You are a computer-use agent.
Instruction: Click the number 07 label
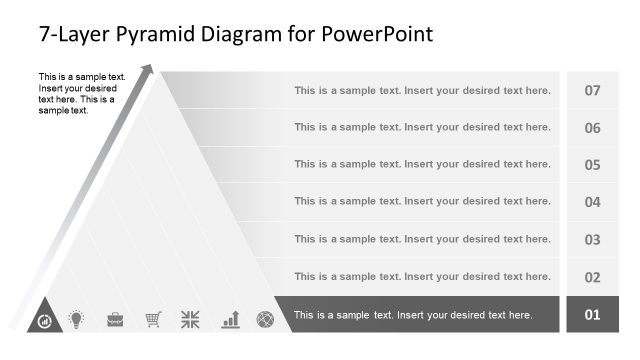(x=592, y=91)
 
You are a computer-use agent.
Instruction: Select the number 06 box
(x=592, y=128)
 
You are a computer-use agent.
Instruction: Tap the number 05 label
(x=592, y=165)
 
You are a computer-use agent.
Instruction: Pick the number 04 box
(x=592, y=202)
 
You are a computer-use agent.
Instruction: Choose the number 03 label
(x=592, y=240)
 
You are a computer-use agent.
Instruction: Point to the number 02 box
(x=592, y=277)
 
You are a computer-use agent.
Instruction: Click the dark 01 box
(x=592, y=315)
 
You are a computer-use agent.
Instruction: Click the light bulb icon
(x=76, y=319)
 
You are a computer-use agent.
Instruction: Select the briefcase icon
(x=115, y=319)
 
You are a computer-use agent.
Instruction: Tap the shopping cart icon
(x=153, y=319)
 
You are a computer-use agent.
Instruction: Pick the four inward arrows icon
(x=190, y=319)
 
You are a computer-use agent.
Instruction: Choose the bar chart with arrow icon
(x=230, y=319)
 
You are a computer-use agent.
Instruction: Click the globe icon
(x=265, y=319)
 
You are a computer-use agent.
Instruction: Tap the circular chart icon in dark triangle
(x=44, y=321)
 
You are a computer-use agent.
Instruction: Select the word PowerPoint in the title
(x=378, y=35)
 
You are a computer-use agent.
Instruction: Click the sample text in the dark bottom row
(x=412, y=315)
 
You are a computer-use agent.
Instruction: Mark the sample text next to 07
(x=422, y=91)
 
